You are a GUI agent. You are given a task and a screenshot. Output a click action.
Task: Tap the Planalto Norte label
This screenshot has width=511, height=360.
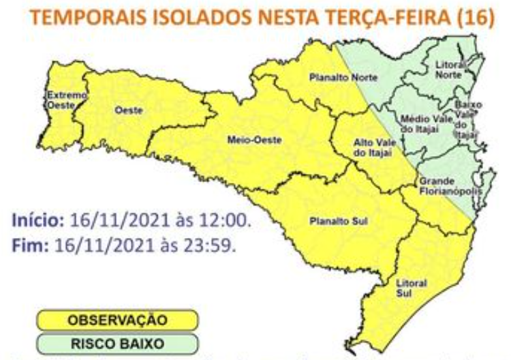339,78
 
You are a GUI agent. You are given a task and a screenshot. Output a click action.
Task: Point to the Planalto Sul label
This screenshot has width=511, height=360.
332,222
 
